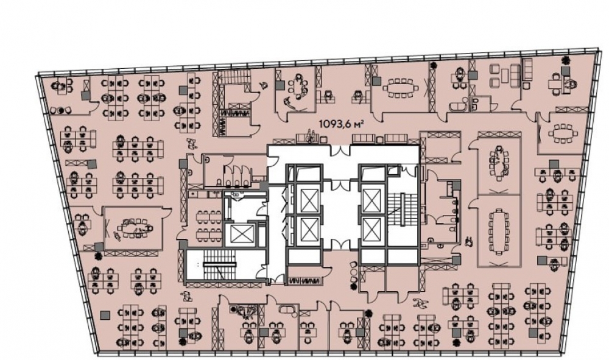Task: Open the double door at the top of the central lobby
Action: (340, 150)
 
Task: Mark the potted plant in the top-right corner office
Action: (566, 60)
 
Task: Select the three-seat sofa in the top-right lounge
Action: (516, 74)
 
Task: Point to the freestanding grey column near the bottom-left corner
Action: (104, 316)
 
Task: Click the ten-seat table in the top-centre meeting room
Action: (400, 88)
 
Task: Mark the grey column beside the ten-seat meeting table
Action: (376, 81)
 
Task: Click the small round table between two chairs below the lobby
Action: (353, 272)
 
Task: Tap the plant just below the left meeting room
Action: (98, 256)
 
